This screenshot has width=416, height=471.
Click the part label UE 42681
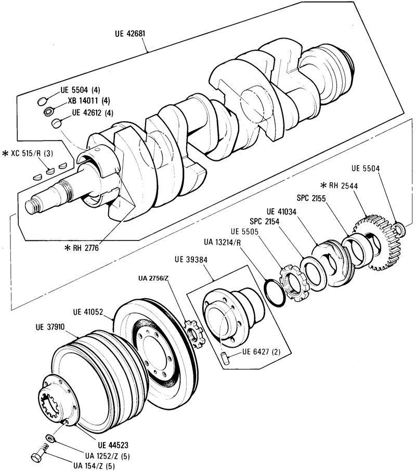point(130,33)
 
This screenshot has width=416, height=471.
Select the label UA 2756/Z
point(153,278)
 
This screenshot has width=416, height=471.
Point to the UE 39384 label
point(191,260)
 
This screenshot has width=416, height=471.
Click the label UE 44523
point(113,444)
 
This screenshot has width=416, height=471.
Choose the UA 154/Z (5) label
point(94,466)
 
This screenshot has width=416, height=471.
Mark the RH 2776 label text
point(86,248)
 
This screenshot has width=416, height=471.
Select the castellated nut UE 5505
point(294,283)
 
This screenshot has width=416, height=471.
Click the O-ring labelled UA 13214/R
point(275,293)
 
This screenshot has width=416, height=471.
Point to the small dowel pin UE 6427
point(226,359)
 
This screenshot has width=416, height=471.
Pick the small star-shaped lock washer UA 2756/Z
point(194,334)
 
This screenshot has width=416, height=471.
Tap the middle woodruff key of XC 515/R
point(50,171)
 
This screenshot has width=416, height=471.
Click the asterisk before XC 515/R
point(5,154)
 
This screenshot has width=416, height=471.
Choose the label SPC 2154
point(265,221)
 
